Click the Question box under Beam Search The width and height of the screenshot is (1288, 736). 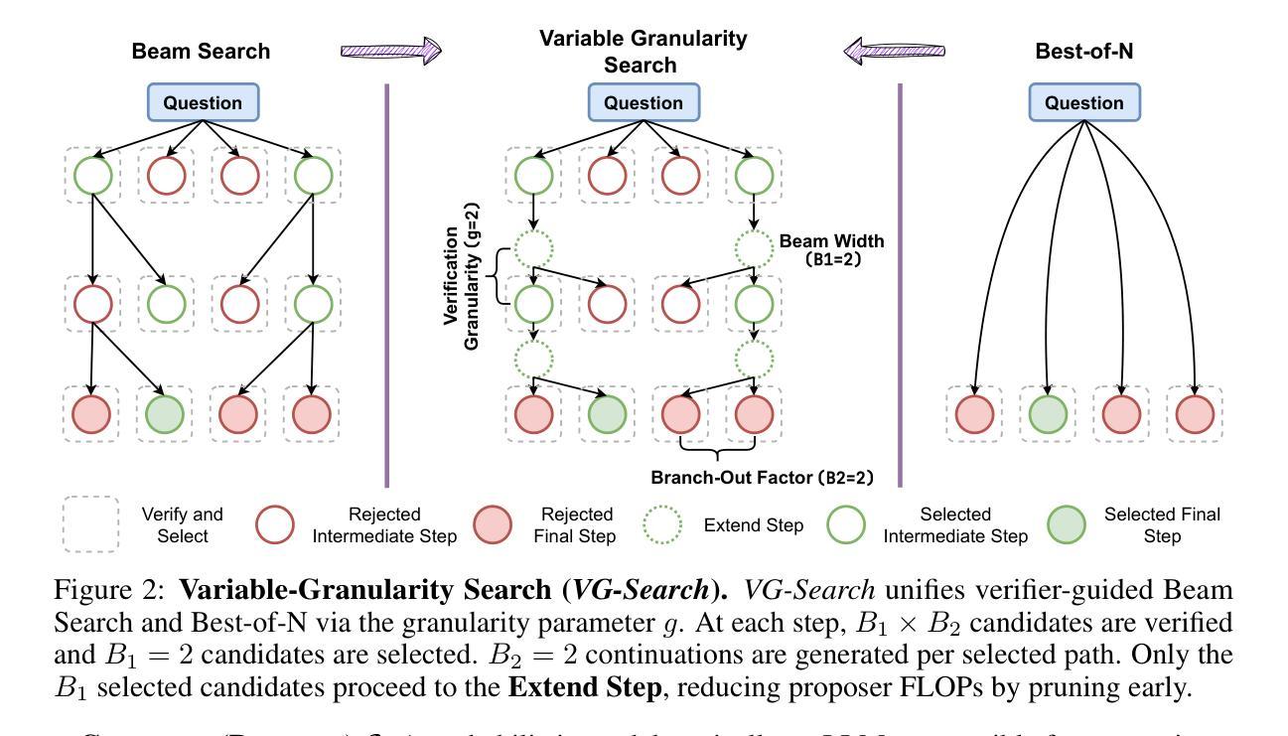click(204, 102)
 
